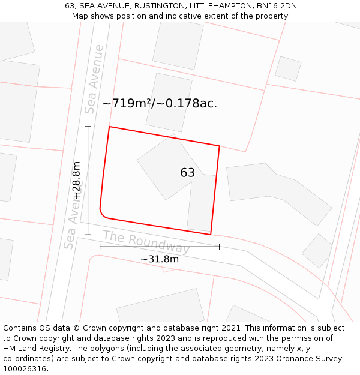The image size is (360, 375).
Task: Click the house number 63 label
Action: (x=187, y=173)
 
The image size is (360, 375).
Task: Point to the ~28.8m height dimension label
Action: (x=77, y=180)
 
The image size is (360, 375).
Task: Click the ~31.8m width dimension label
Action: (x=160, y=259)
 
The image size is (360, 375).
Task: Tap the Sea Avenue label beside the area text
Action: (x=94, y=79)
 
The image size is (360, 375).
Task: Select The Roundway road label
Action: (x=146, y=242)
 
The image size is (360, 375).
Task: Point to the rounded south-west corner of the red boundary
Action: (x=103, y=215)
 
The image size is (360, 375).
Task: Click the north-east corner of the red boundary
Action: (x=219, y=146)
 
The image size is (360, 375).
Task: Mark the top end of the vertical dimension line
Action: (x=88, y=127)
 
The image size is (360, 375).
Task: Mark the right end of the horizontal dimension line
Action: (x=219, y=246)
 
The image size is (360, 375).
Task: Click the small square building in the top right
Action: (x=288, y=68)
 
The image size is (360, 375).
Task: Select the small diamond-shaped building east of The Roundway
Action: (x=317, y=251)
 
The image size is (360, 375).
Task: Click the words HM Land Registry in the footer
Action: (x=30, y=349)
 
